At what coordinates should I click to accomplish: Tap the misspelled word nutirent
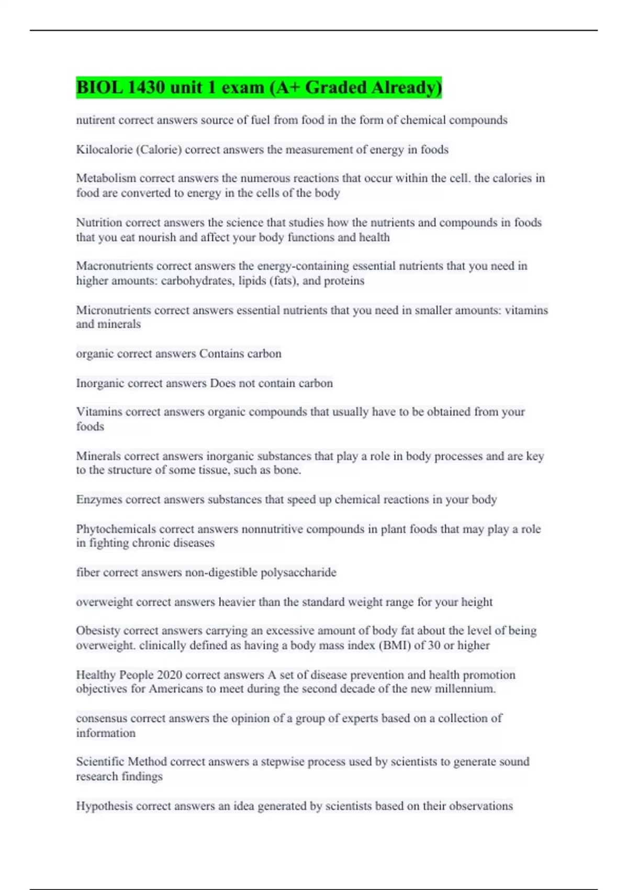coord(95,120)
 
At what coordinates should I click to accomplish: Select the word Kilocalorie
coord(104,150)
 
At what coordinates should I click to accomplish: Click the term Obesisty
coord(98,630)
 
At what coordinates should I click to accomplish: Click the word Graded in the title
coord(335,87)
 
